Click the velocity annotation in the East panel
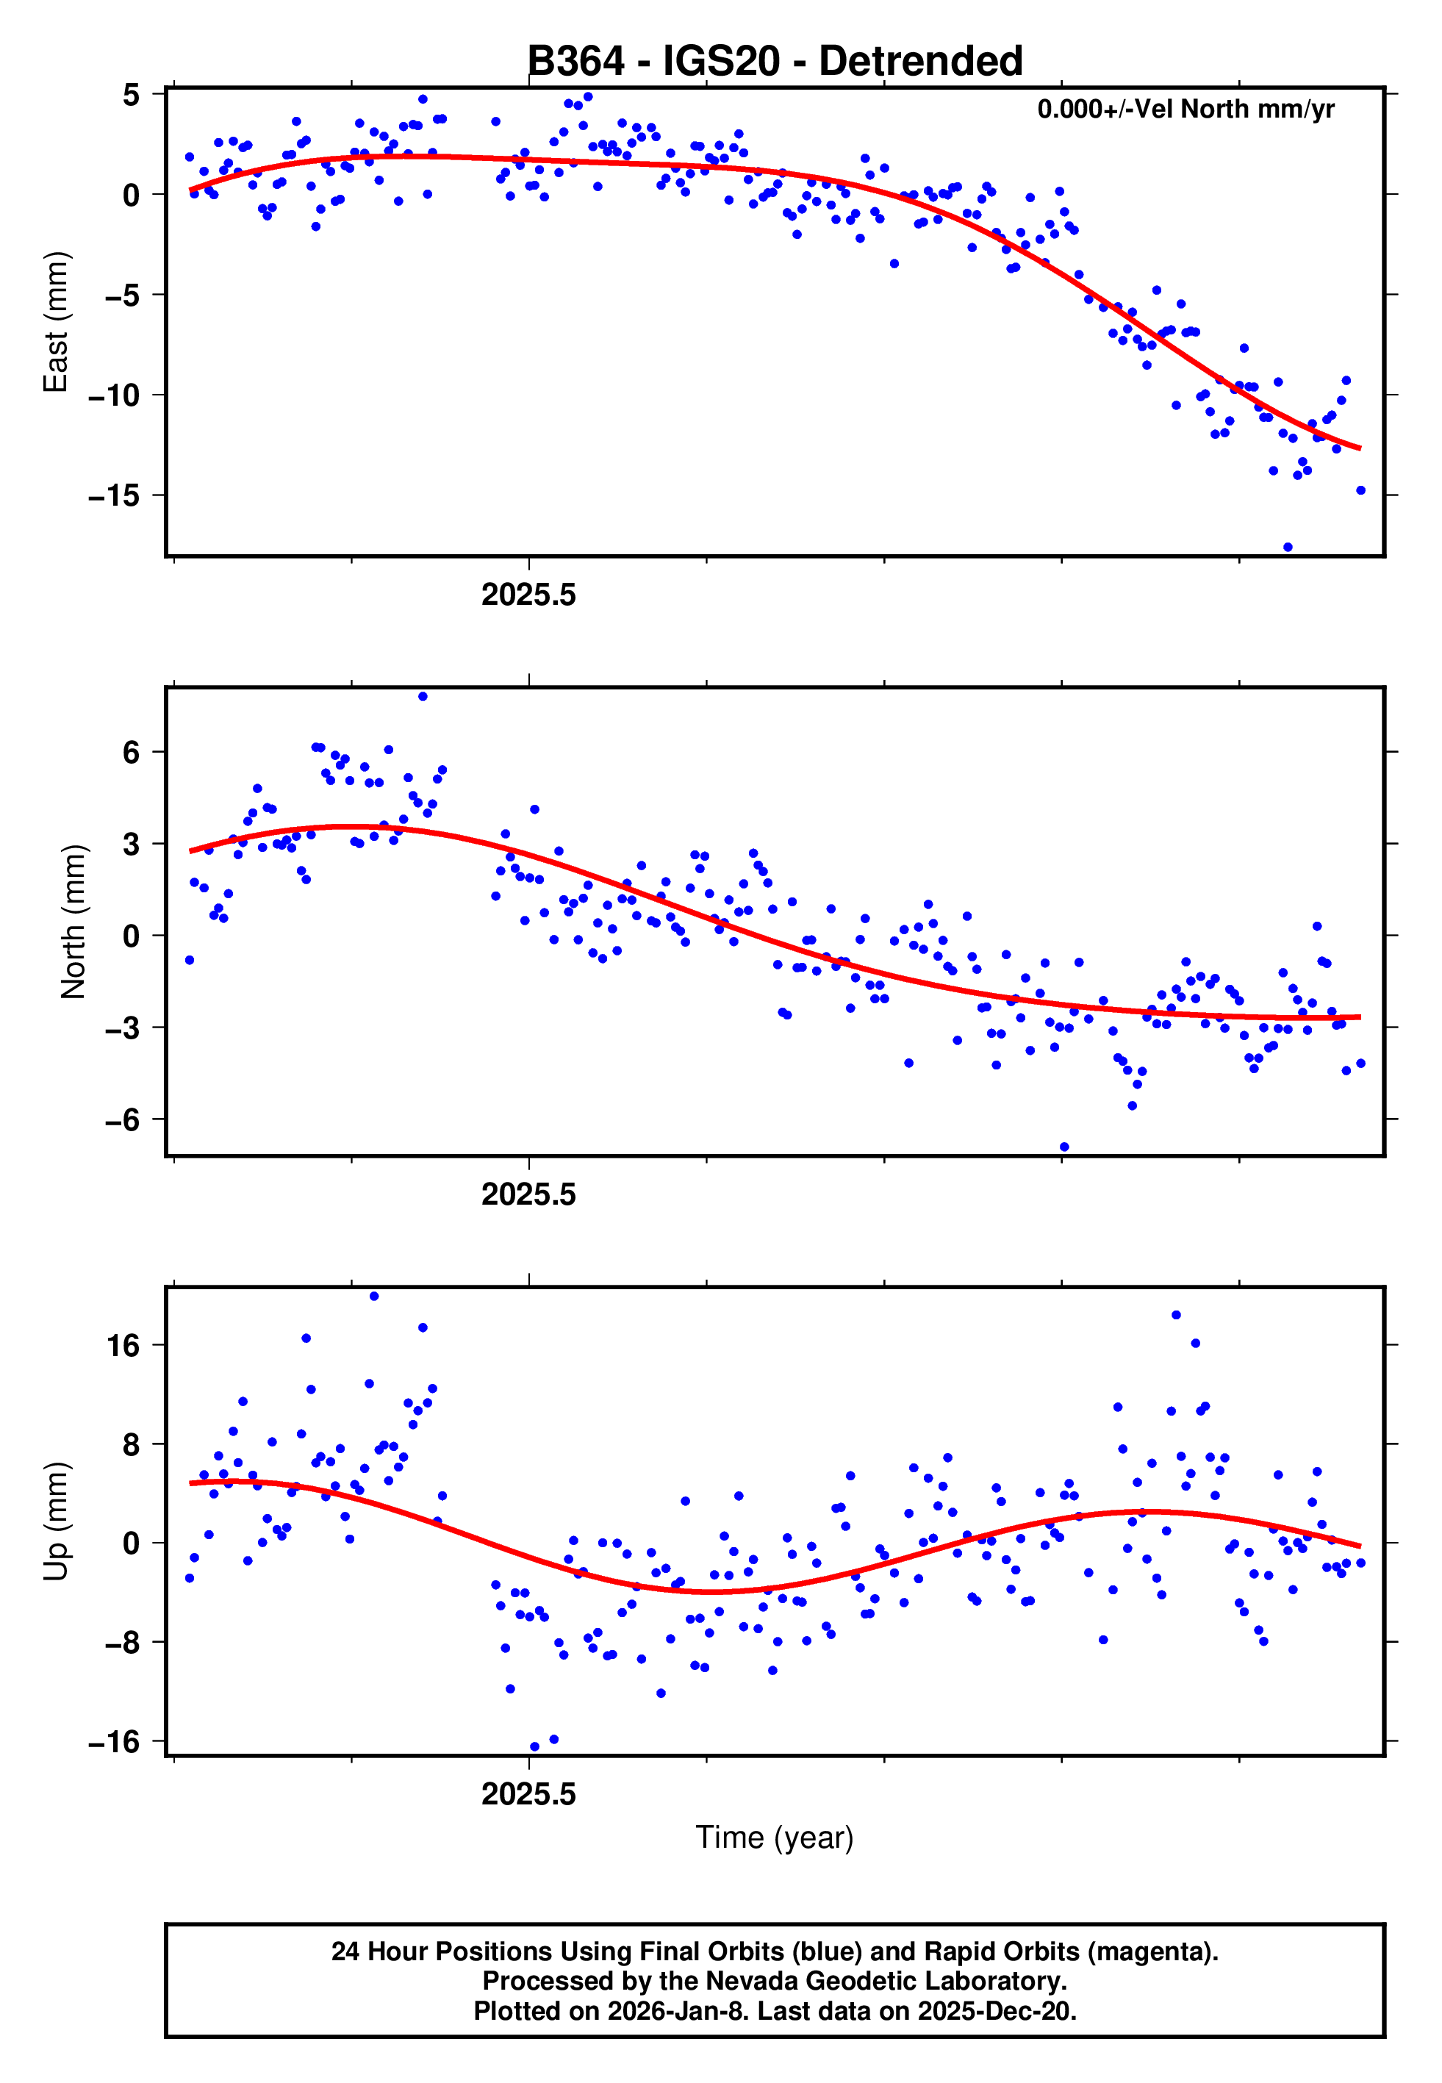[x=1185, y=110]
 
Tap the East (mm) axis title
[x=56, y=322]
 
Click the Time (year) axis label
[x=775, y=1838]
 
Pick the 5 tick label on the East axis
[x=131, y=94]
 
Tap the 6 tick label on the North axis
[x=131, y=752]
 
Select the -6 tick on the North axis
[x=122, y=1120]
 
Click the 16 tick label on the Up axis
[x=123, y=1346]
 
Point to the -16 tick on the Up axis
[x=114, y=1741]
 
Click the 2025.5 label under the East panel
[x=528, y=595]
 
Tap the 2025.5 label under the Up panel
[x=528, y=1794]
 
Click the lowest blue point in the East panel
[x=1288, y=548]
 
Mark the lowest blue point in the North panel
[x=1064, y=1147]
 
